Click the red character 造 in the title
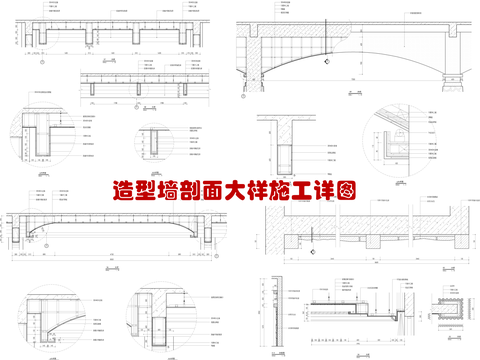[128, 188]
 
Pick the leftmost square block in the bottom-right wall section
[290, 241]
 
